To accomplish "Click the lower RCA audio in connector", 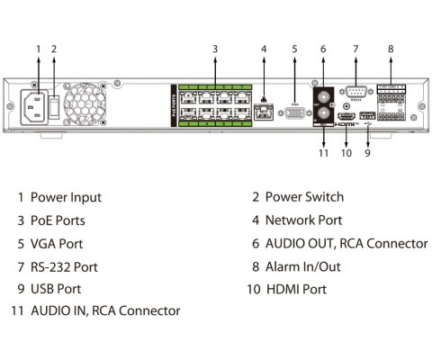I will point(322,114).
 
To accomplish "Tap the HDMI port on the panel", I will point(345,118).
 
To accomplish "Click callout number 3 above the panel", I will point(215,48).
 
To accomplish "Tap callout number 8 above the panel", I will point(391,48).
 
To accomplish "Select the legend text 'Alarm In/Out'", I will point(301,266).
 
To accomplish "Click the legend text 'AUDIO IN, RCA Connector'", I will point(105,310).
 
